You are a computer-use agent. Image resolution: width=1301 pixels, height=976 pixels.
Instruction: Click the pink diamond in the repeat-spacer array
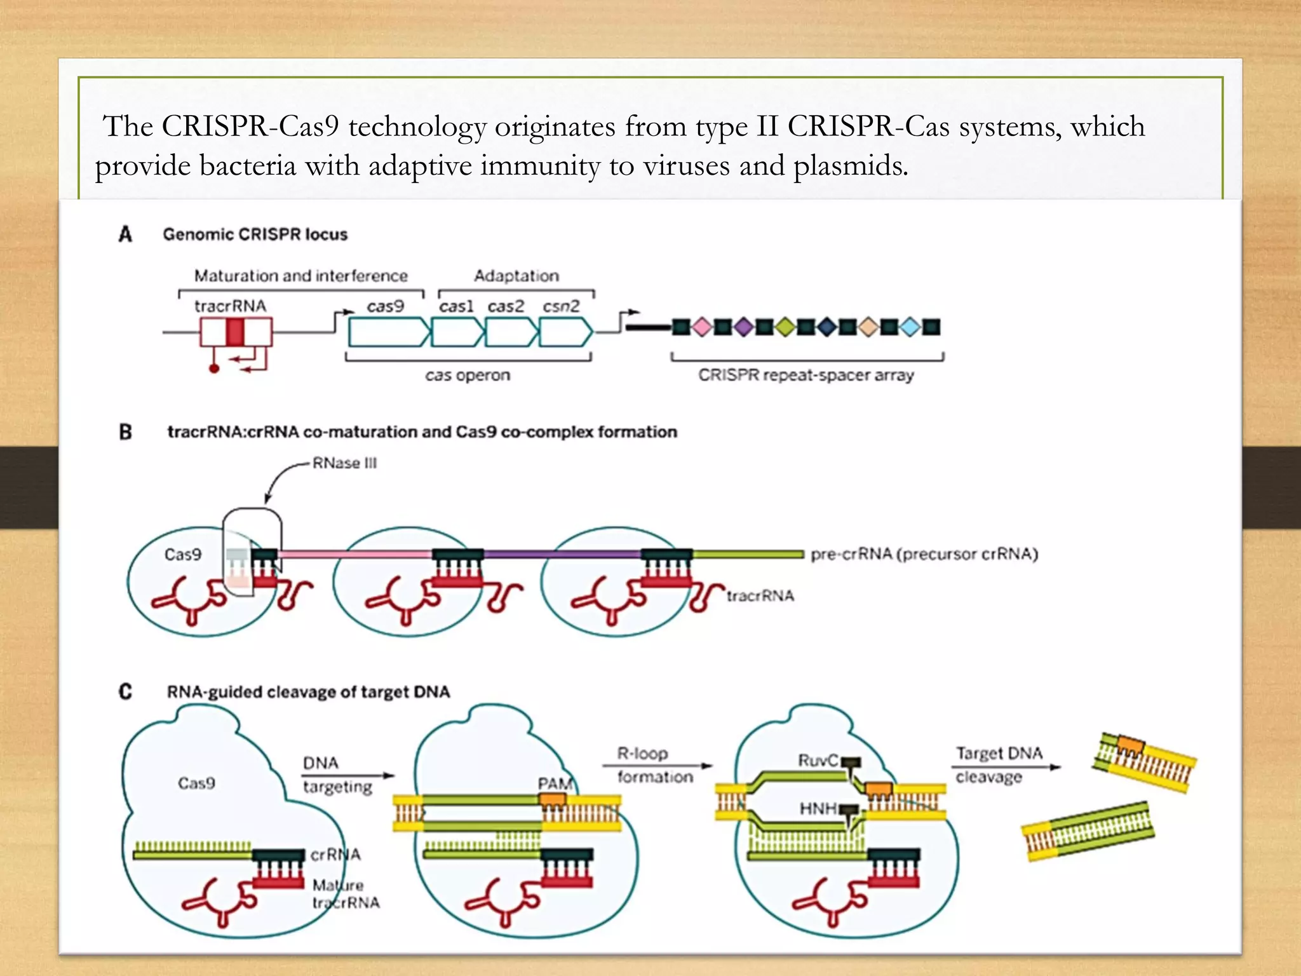[x=701, y=327]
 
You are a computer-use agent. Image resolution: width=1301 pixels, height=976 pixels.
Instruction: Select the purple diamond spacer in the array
[x=743, y=327]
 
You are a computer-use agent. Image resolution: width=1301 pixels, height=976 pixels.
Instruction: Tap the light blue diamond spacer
[x=910, y=327]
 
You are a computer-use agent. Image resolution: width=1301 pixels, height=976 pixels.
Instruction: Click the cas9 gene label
[x=385, y=306]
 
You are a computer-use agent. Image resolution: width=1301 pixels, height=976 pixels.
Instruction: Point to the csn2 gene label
[x=561, y=306]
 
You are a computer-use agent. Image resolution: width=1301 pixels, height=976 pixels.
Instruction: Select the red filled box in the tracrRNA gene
[x=235, y=332]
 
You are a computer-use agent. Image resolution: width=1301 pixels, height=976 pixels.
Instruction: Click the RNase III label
[x=344, y=463]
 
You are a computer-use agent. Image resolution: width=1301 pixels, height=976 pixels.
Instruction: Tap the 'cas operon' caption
[x=468, y=376]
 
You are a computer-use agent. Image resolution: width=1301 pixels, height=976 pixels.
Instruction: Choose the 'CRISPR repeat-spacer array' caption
[x=806, y=376]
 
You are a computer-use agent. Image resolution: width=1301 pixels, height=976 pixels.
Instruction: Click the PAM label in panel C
[x=555, y=783]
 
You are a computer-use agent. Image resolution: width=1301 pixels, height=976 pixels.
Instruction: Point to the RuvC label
[x=818, y=761]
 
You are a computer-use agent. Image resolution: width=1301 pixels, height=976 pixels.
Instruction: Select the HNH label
[x=818, y=809]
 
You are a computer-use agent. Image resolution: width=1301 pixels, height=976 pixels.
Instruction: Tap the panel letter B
[x=125, y=432]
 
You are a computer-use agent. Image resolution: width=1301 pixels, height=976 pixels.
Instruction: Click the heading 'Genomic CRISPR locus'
[x=255, y=234]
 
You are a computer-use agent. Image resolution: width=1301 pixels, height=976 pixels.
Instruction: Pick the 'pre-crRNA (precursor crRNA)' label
[x=924, y=554]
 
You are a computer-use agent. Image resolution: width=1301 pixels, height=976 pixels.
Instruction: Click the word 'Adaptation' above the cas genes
[x=516, y=276]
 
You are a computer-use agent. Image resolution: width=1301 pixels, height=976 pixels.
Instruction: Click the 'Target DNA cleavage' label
[x=999, y=764]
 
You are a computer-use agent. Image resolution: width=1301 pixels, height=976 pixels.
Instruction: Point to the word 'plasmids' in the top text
[x=850, y=166]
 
